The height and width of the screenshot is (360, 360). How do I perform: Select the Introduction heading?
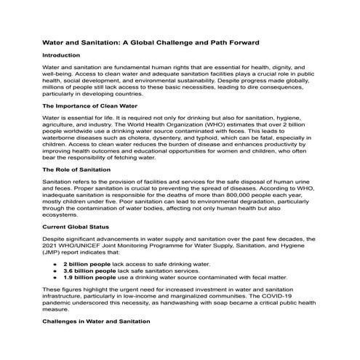tap(62, 56)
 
